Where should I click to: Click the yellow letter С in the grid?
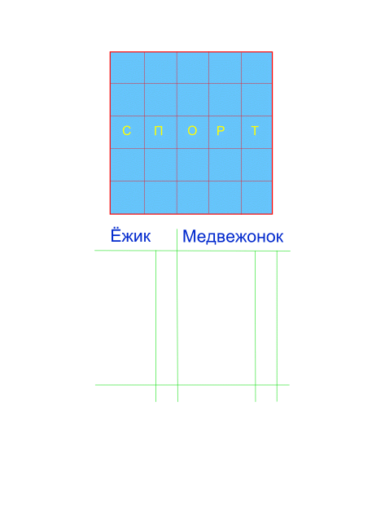pyautogui.click(x=126, y=131)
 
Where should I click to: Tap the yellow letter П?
pyautogui.click(x=158, y=131)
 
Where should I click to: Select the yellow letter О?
pyautogui.click(x=192, y=131)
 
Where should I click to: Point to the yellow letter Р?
pyautogui.click(x=221, y=131)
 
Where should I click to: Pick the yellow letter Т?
pyautogui.click(x=255, y=131)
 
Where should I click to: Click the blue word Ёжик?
pyautogui.click(x=131, y=235)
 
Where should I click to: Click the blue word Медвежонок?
pyautogui.click(x=233, y=236)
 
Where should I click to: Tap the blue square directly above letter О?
pyautogui.click(x=193, y=99)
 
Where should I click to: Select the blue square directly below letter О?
pyautogui.click(x=193, y=164)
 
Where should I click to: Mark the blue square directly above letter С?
pyautogui.click(x=128, y=99)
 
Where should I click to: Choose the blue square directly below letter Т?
pyautogui.click(x=256, y=164)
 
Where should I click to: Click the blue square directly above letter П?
pyautogui.click(x=160, y=99)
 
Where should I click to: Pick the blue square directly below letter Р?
pyautogui.click(x=225, y=164)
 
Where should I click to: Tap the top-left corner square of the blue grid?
pyautogui.click(x=128, y=68)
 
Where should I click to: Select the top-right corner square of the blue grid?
pyautogui.click(x=256, y=68)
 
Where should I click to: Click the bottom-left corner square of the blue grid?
pyautogui.click(x=128, y=197)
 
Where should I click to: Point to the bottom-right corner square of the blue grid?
pyautogui.click(x=256, y=197)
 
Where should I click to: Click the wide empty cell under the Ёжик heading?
pyautogui.click(x=125, y=317)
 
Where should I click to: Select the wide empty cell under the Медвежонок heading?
pyautogui.click(x=217, y=318)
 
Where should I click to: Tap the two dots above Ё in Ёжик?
pyautogui.click(x=116, y=229)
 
